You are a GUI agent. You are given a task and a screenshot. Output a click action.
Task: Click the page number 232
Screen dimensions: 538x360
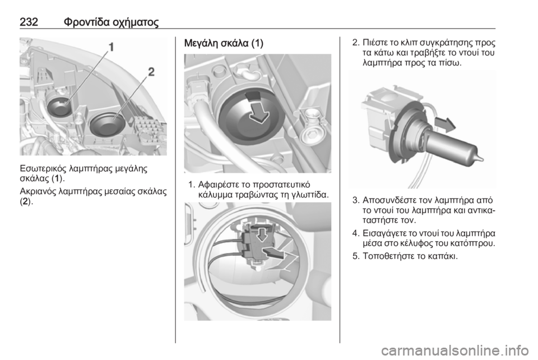[x=29, y=22]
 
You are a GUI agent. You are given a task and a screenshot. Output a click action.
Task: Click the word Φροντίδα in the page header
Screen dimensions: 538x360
[x=85, y=22]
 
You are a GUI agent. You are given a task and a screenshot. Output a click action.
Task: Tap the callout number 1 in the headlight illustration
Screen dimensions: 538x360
[x=111, y=47]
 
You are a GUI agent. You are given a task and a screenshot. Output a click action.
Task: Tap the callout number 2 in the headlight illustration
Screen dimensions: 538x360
[x=151, y=72]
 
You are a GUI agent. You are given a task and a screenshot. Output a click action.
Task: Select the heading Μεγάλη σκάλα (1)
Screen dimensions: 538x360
[x=224, y=44]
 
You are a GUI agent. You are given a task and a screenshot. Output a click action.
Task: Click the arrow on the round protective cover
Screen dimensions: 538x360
[x=259, y=112]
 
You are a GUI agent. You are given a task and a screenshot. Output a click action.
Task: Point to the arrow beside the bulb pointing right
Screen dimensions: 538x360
[x=445, y=124]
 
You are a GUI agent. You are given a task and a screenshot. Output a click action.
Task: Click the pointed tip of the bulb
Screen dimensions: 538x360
[x=482, y=158]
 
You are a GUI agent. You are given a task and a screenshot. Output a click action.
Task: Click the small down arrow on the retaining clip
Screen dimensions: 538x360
[x=263, y=234]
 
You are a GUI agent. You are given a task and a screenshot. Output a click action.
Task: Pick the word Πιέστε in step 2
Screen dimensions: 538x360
[x=375, y=43]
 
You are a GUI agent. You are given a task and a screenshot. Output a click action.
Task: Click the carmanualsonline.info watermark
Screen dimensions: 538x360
[x=455, y=350]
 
